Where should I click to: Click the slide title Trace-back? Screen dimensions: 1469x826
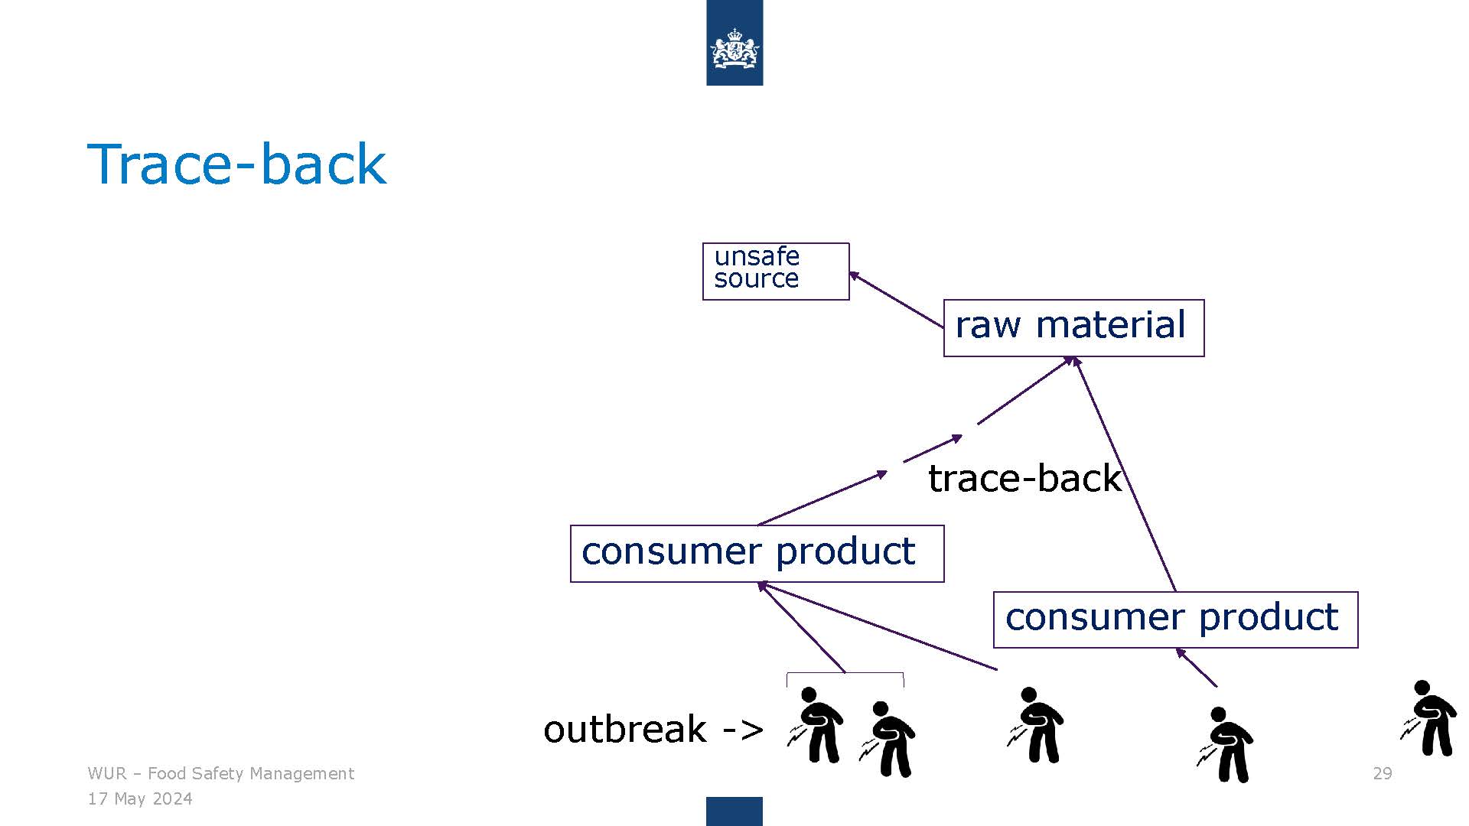[x=237, y=164]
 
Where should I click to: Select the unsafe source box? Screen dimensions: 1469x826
[x=776, y=272]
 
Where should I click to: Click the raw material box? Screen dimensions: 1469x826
[x=1073, y=328]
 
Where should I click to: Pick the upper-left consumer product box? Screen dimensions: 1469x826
[x=757, y=554]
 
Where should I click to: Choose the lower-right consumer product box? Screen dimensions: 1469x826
[x=1175, y=619]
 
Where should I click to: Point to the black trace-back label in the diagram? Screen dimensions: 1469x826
[x=1024, y=479]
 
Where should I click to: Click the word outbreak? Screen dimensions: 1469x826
[x=624, y=729]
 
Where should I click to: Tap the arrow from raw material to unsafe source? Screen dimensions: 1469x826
[x=897, y=300]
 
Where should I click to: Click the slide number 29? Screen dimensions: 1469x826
[x=1383, y=773]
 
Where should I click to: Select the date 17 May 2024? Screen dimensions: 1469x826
[x=140, y=799]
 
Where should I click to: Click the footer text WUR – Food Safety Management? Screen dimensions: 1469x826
[x=221, y=773]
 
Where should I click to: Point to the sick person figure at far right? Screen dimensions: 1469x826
[x=1428, y=718]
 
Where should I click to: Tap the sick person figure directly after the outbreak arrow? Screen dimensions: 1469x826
[x=816, y=725]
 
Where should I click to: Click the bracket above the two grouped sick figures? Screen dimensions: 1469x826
[x=845, y=674]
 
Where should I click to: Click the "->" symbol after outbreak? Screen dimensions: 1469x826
[x=743, y=730]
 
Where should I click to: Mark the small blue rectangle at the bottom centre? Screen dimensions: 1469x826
[x=734, y=811]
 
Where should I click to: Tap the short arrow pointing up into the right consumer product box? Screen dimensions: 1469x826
[x=1196, y=667]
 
